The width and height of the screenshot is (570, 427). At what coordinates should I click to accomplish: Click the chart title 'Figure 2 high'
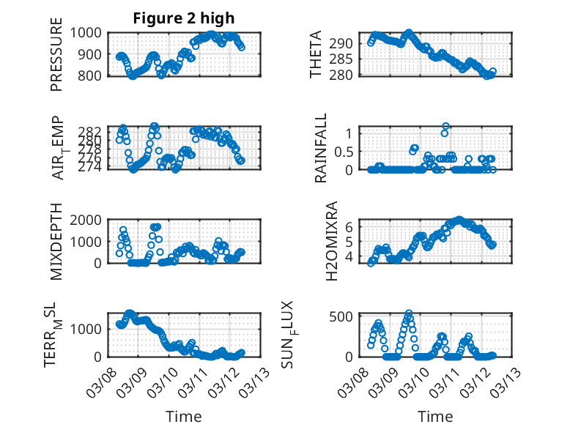[x=184, y=18]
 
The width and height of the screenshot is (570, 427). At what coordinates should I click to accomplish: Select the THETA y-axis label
[x=316, y=54]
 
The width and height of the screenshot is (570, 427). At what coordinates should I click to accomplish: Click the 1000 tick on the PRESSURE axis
[x=89, y=32]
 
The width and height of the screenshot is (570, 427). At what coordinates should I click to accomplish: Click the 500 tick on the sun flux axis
[x=346, y=316]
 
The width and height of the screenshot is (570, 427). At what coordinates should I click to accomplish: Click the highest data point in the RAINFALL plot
[x=445, y=126]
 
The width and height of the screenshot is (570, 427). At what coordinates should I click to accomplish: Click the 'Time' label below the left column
[x=184, y=416]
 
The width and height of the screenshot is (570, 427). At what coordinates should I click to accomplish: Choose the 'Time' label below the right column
[x=436, y=416]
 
